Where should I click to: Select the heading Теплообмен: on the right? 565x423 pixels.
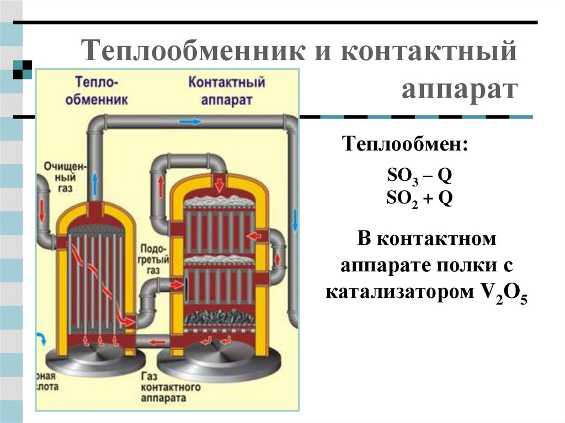pos(406,146)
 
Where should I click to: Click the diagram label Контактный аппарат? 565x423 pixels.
pos(227,91)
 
